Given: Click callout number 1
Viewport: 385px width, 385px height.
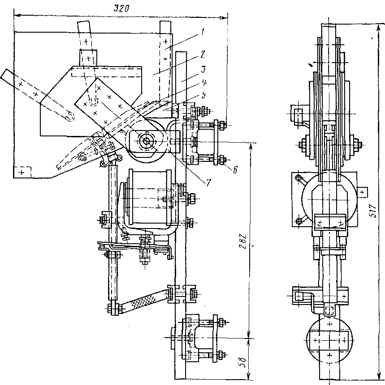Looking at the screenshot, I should (203, 31).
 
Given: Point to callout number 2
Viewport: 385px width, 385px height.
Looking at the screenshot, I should (203, 54).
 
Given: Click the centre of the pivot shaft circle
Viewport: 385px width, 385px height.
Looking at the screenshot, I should (147, 140).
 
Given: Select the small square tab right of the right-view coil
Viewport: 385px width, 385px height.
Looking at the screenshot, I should (364, 192).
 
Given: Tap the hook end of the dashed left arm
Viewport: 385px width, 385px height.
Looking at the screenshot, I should (69, 116).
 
